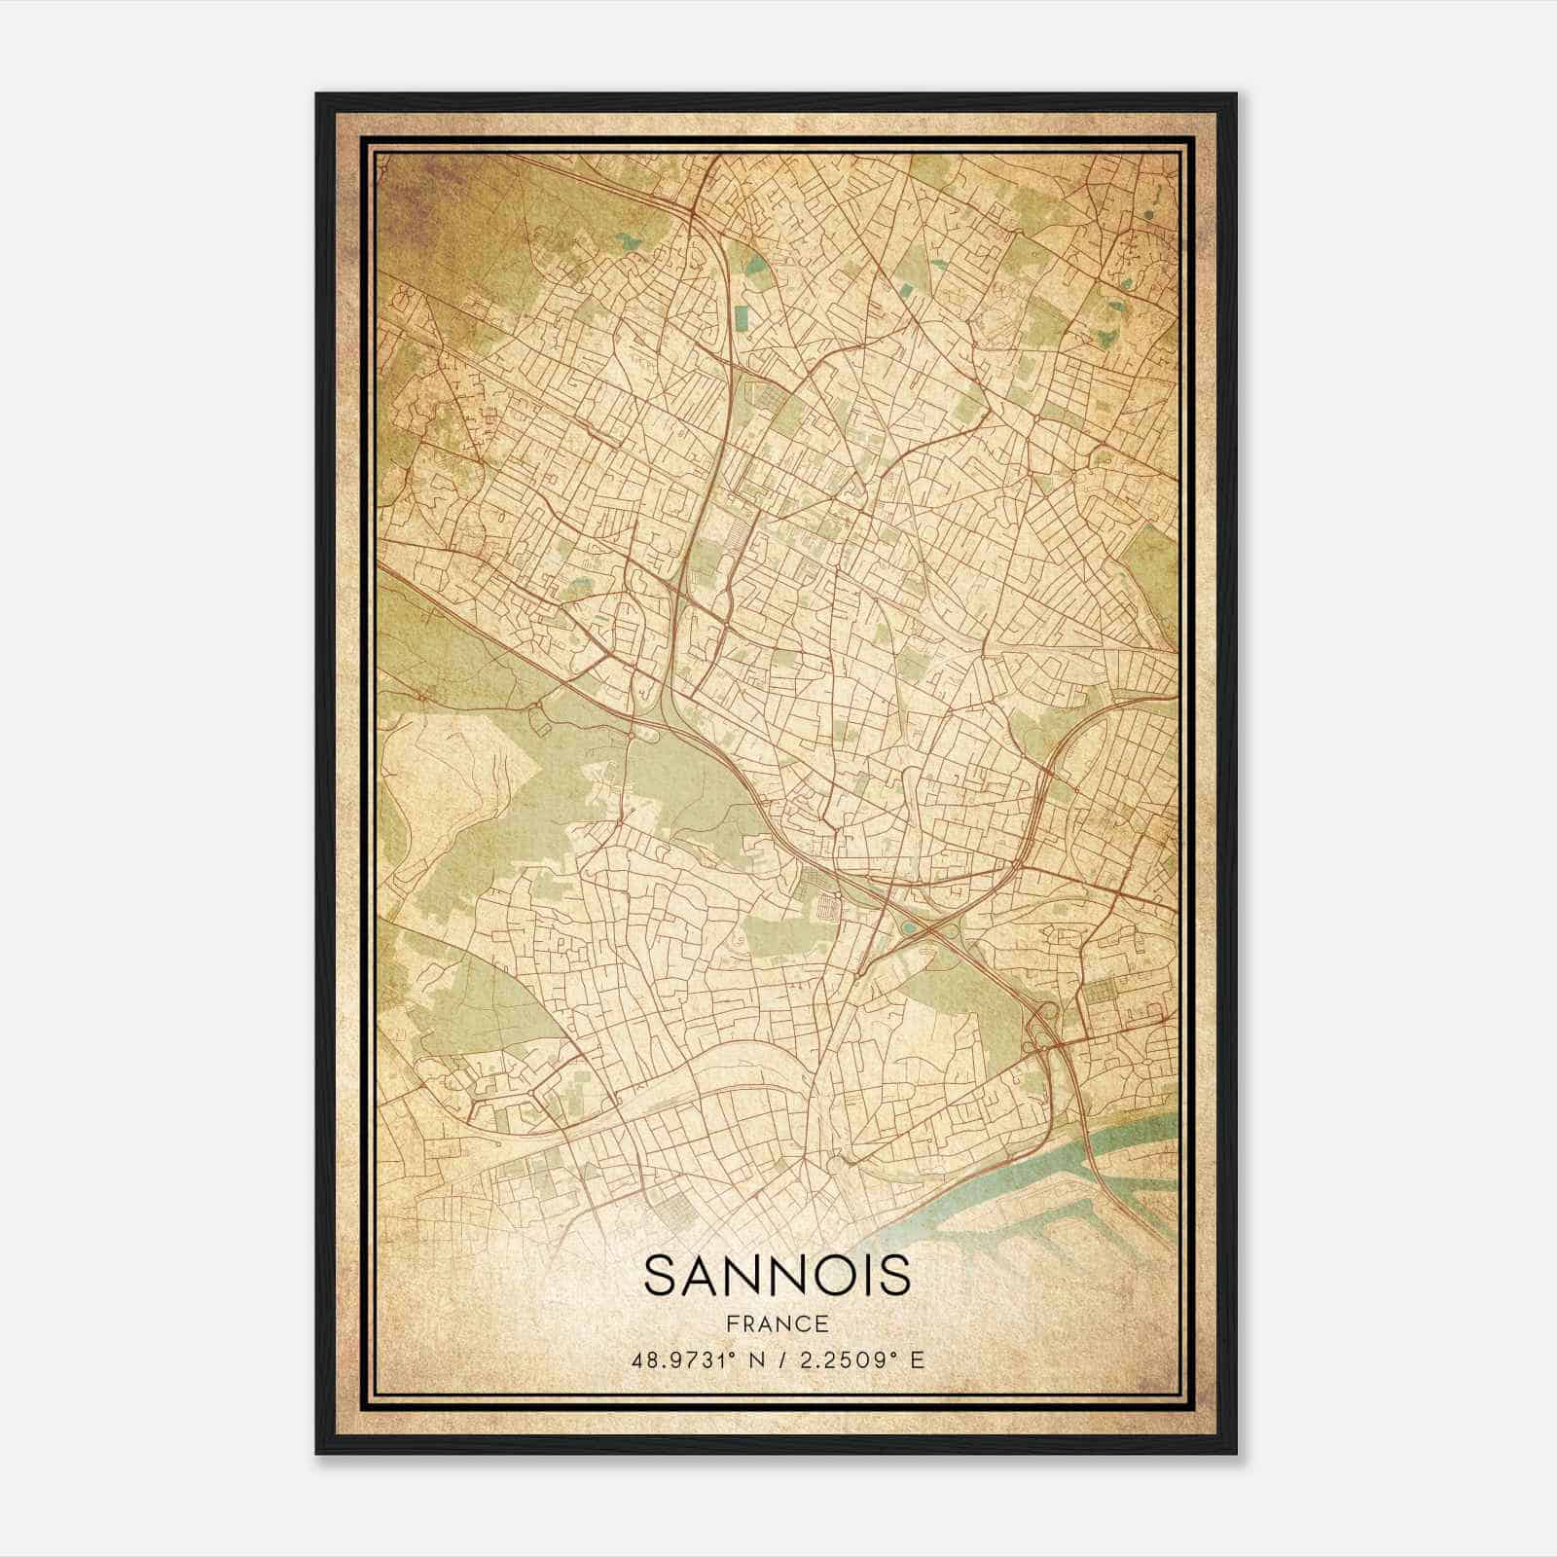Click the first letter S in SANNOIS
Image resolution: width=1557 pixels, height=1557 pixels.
(661, 1276)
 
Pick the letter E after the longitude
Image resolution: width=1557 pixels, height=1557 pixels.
(917, 1359)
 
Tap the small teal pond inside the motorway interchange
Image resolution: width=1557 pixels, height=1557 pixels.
(909, 927)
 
